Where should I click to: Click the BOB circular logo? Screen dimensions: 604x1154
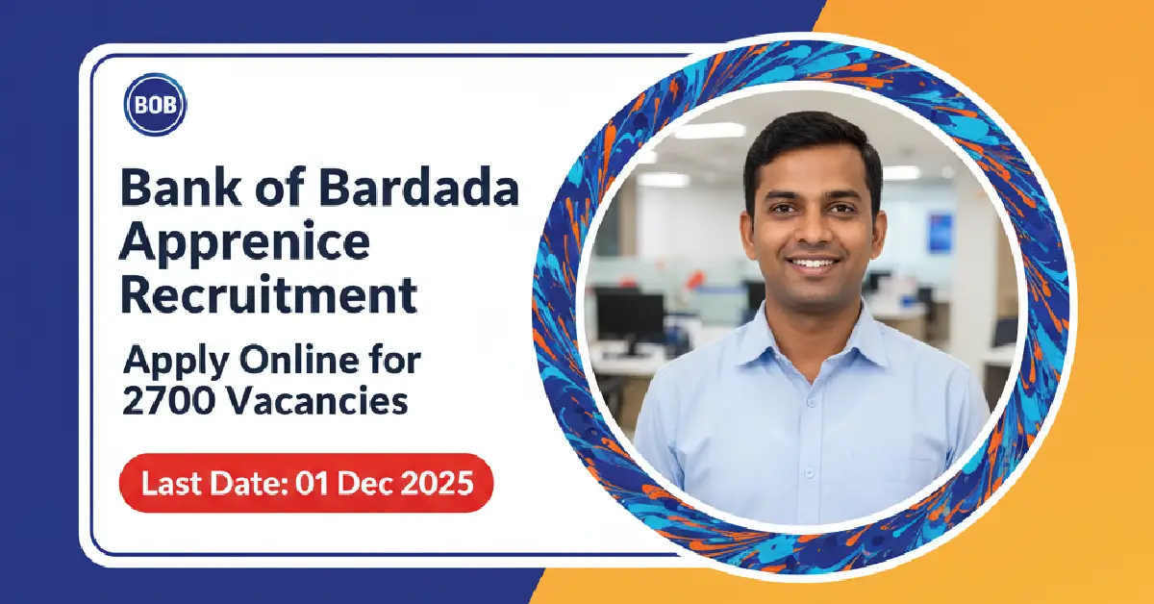(155, 104)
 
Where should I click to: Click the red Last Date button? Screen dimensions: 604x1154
(306, 483)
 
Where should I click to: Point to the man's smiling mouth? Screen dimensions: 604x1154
(814, 263)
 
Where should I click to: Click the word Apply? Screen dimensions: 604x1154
(168, 363)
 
